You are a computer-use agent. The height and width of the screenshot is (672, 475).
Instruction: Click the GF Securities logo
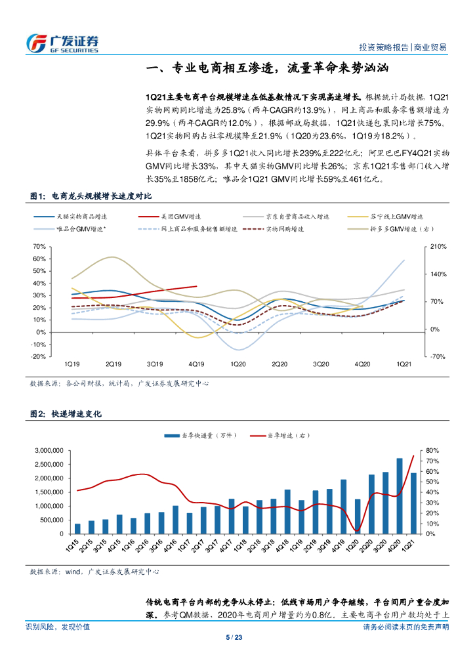point(62,42)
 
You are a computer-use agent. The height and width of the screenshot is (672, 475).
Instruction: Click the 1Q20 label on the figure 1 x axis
point(238,363)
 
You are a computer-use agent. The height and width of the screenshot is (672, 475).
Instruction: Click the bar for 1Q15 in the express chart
point(77,528)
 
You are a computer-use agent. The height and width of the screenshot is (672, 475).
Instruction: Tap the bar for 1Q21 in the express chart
point(413,503)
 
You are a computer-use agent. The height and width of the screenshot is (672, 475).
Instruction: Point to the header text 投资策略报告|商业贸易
point(403,47)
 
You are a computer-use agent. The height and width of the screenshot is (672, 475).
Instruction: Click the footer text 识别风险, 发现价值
point(58,627)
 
